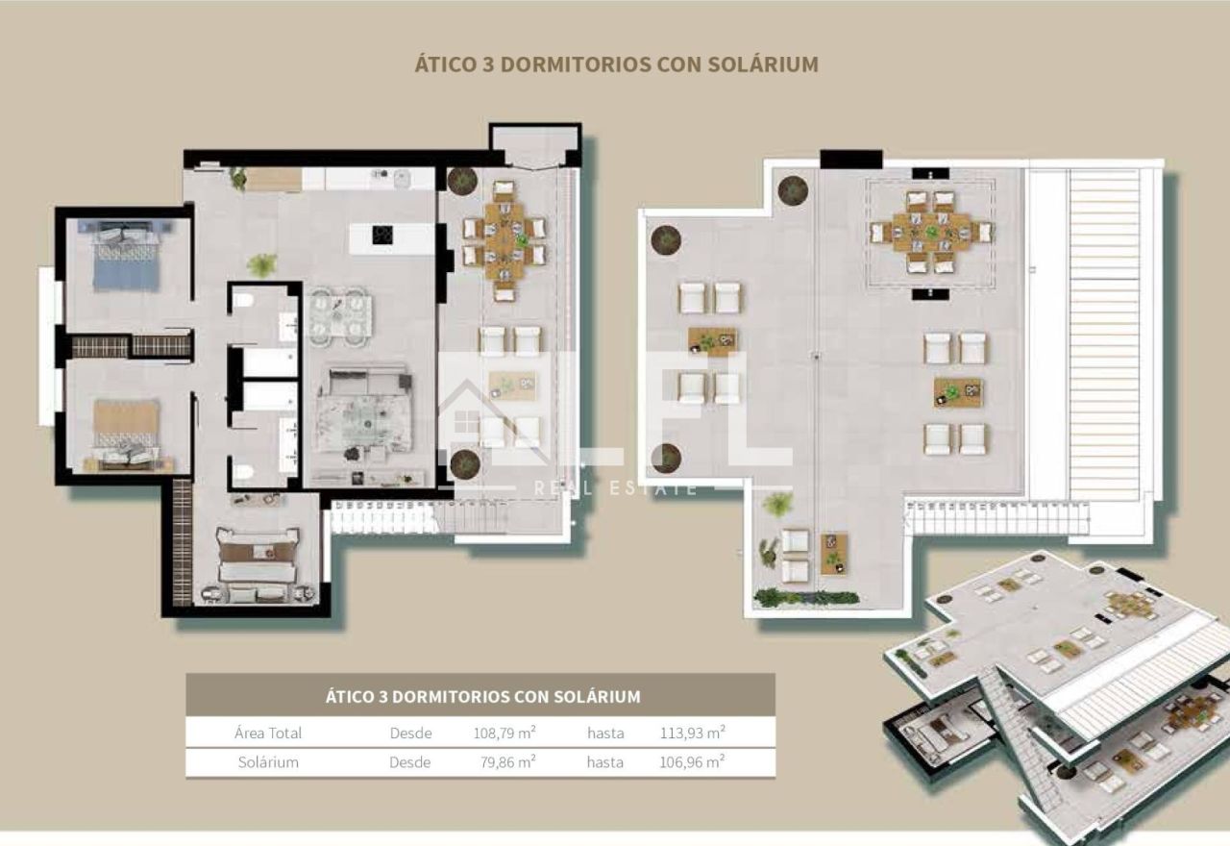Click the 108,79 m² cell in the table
coord(504,733)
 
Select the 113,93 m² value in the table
coord(693,733)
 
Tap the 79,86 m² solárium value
coord(508,762)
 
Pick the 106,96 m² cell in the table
coord(692,762)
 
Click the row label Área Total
coord(268,733)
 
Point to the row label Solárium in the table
coord(268,762)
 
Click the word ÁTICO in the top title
coord(445,63)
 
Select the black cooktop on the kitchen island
coord(382,236)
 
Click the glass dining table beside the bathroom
coord(340,317)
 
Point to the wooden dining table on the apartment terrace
coord(504,241)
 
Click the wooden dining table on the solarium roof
coord(931,232)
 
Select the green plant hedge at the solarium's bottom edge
coord(806,598)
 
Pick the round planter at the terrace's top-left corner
coord(462,181)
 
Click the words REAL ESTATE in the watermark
coord(616,487)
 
